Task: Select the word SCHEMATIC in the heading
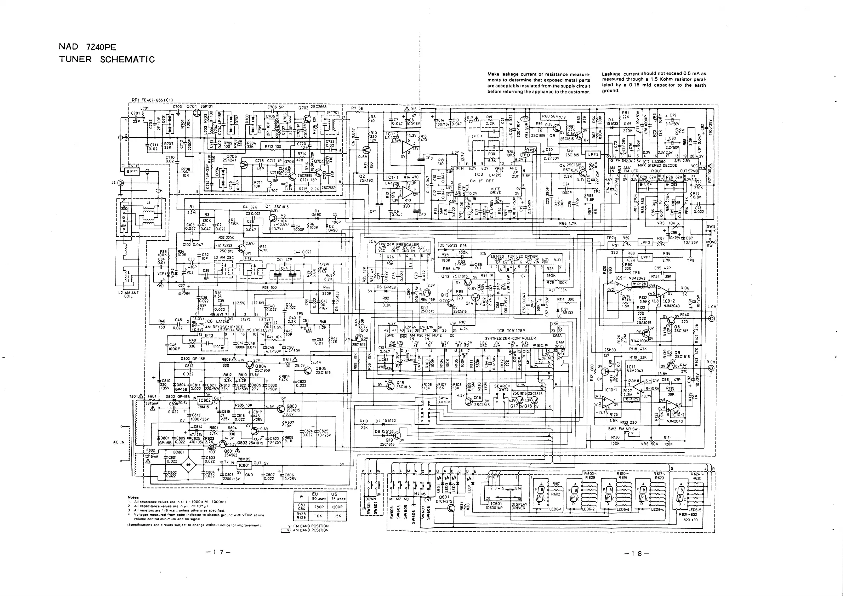127,60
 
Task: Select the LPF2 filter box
645,242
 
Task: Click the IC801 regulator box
244,465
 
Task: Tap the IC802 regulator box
205,400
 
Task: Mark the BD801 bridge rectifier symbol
189,465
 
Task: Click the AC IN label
119,442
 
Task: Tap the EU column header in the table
315,494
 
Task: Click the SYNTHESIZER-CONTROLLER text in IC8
510,338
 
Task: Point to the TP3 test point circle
526,119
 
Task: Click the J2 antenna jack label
114,182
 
